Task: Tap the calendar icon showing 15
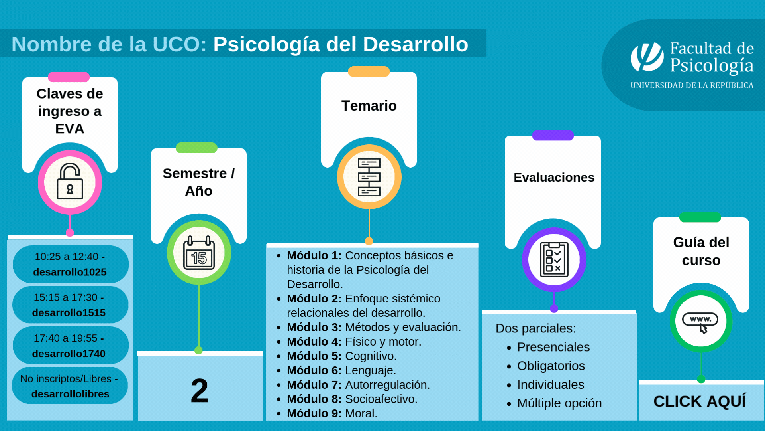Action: [199, 253]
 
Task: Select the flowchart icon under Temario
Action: [369, 177]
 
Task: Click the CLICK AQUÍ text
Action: [700, 401]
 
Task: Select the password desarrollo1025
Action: [70, 272]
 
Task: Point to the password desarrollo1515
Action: [69, 313]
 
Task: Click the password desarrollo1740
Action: [69, 354]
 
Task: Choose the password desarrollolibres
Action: [70, 394]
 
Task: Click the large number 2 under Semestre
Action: [199, 391]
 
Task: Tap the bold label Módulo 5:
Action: [314, 356]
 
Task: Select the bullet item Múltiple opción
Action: [559, 403]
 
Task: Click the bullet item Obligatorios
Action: [551, 366]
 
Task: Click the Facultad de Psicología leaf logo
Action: [647, 57]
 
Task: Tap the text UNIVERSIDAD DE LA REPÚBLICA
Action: [692, 85]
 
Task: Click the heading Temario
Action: [369, 106]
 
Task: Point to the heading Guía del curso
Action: [701, 251]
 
